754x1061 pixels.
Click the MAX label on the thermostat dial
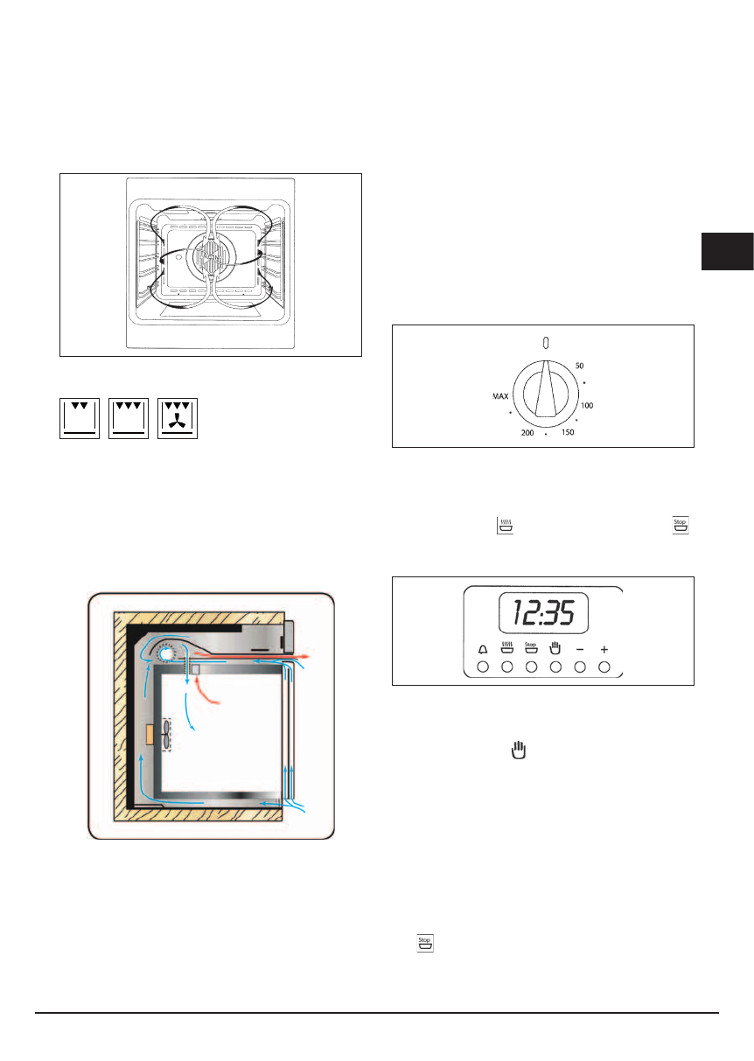[500, 396]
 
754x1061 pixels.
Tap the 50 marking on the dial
[579, 366]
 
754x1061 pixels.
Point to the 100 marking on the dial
[587, 406]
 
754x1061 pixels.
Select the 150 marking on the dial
[568, 432]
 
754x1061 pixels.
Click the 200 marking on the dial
[527, 432]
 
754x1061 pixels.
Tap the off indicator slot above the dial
[546, 343]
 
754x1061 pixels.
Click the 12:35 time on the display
[544, 612]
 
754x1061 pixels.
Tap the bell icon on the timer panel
[483, 649]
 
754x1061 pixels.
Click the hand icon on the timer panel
[555, 648]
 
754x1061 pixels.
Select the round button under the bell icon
[483, 667]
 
